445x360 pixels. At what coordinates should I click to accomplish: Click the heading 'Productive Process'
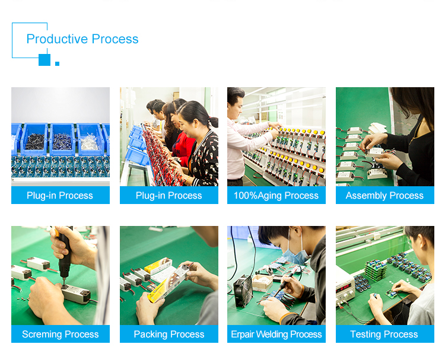point(82,39)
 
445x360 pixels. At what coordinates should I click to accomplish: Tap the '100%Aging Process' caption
point(276,196)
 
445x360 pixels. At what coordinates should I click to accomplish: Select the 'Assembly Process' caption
point(384,196)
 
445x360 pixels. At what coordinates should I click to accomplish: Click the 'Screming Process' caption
point(61,334)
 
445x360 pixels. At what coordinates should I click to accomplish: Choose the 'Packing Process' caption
point(169,334)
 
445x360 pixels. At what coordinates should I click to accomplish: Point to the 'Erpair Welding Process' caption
point(276,334)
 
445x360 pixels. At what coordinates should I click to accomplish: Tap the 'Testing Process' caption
point(384,334)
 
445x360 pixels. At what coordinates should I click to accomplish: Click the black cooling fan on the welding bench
point(243,291)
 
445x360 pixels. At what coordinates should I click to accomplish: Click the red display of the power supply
point(343,289)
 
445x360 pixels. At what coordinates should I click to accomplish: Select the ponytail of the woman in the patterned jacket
point(214,122)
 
